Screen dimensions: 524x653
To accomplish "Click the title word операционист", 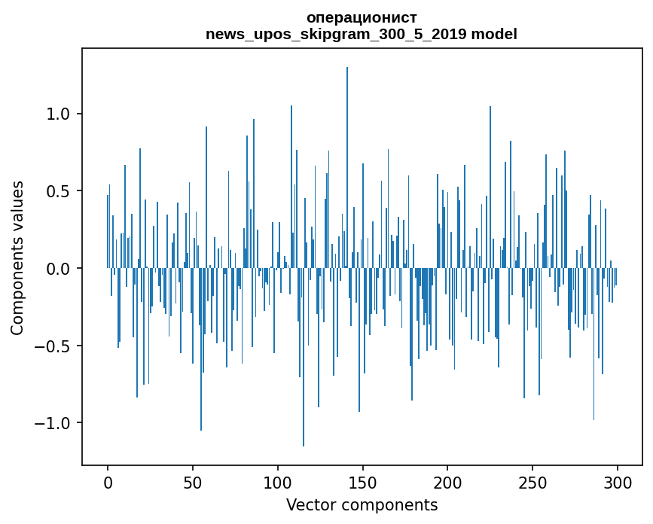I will (x=362, y=17).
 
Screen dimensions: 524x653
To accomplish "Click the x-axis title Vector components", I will (x=362, y=505).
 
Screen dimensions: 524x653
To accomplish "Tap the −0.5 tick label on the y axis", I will (x=53, y=346).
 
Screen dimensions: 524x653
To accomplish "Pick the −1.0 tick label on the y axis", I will (x=53, y=423).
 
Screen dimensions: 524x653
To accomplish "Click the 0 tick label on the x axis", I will (x=108, y=482).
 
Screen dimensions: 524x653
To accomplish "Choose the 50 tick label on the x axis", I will (x=193, y=482).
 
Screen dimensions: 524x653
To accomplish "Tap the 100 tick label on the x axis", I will (x=278, y=482).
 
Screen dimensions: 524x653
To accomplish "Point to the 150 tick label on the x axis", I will (x=363, y=482).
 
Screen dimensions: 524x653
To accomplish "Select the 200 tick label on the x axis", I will (x=448, y=482).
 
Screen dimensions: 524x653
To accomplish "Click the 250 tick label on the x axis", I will (x=533, y=482).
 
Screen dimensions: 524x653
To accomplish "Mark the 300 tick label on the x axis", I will (x=618, y=482).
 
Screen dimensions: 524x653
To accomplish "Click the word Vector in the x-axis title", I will (x=308, y=505).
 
